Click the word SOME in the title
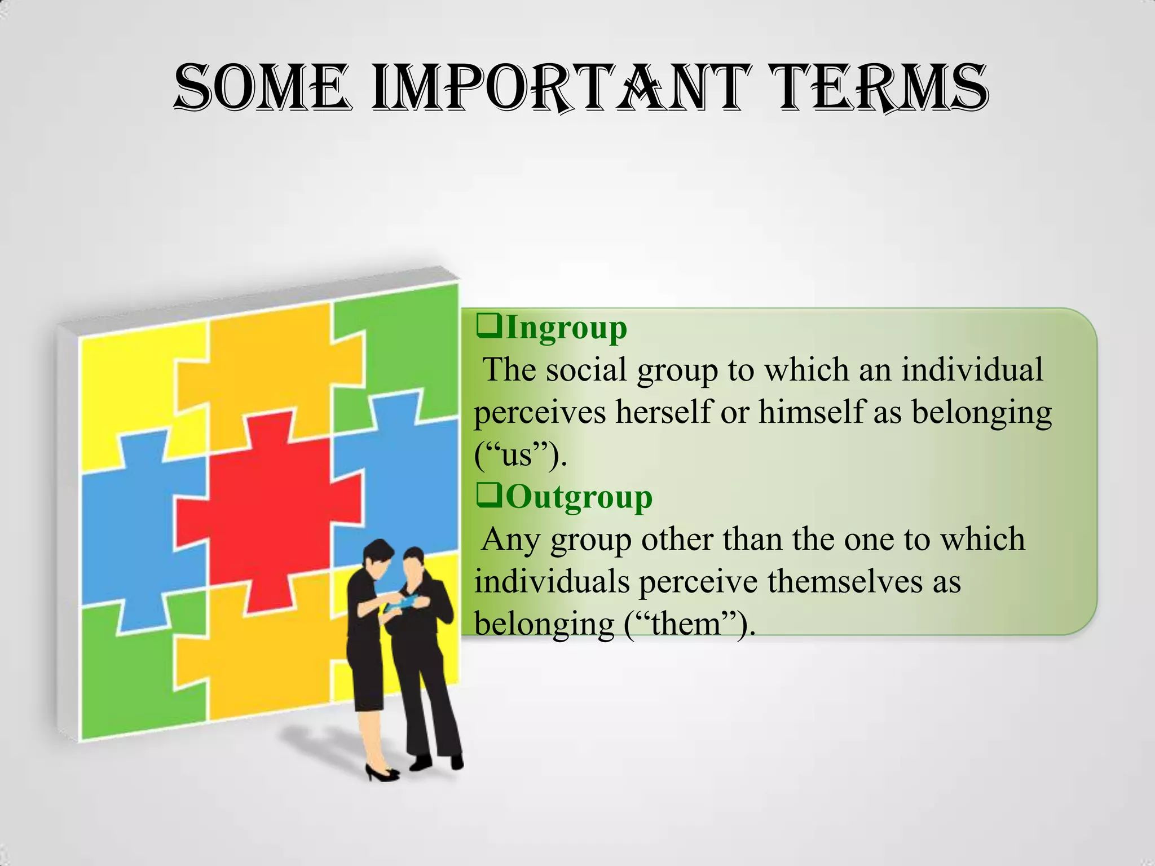point(263,89)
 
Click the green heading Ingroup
point(566,328)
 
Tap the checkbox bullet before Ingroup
point(488,327)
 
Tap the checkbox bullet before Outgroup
point(488,496)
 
